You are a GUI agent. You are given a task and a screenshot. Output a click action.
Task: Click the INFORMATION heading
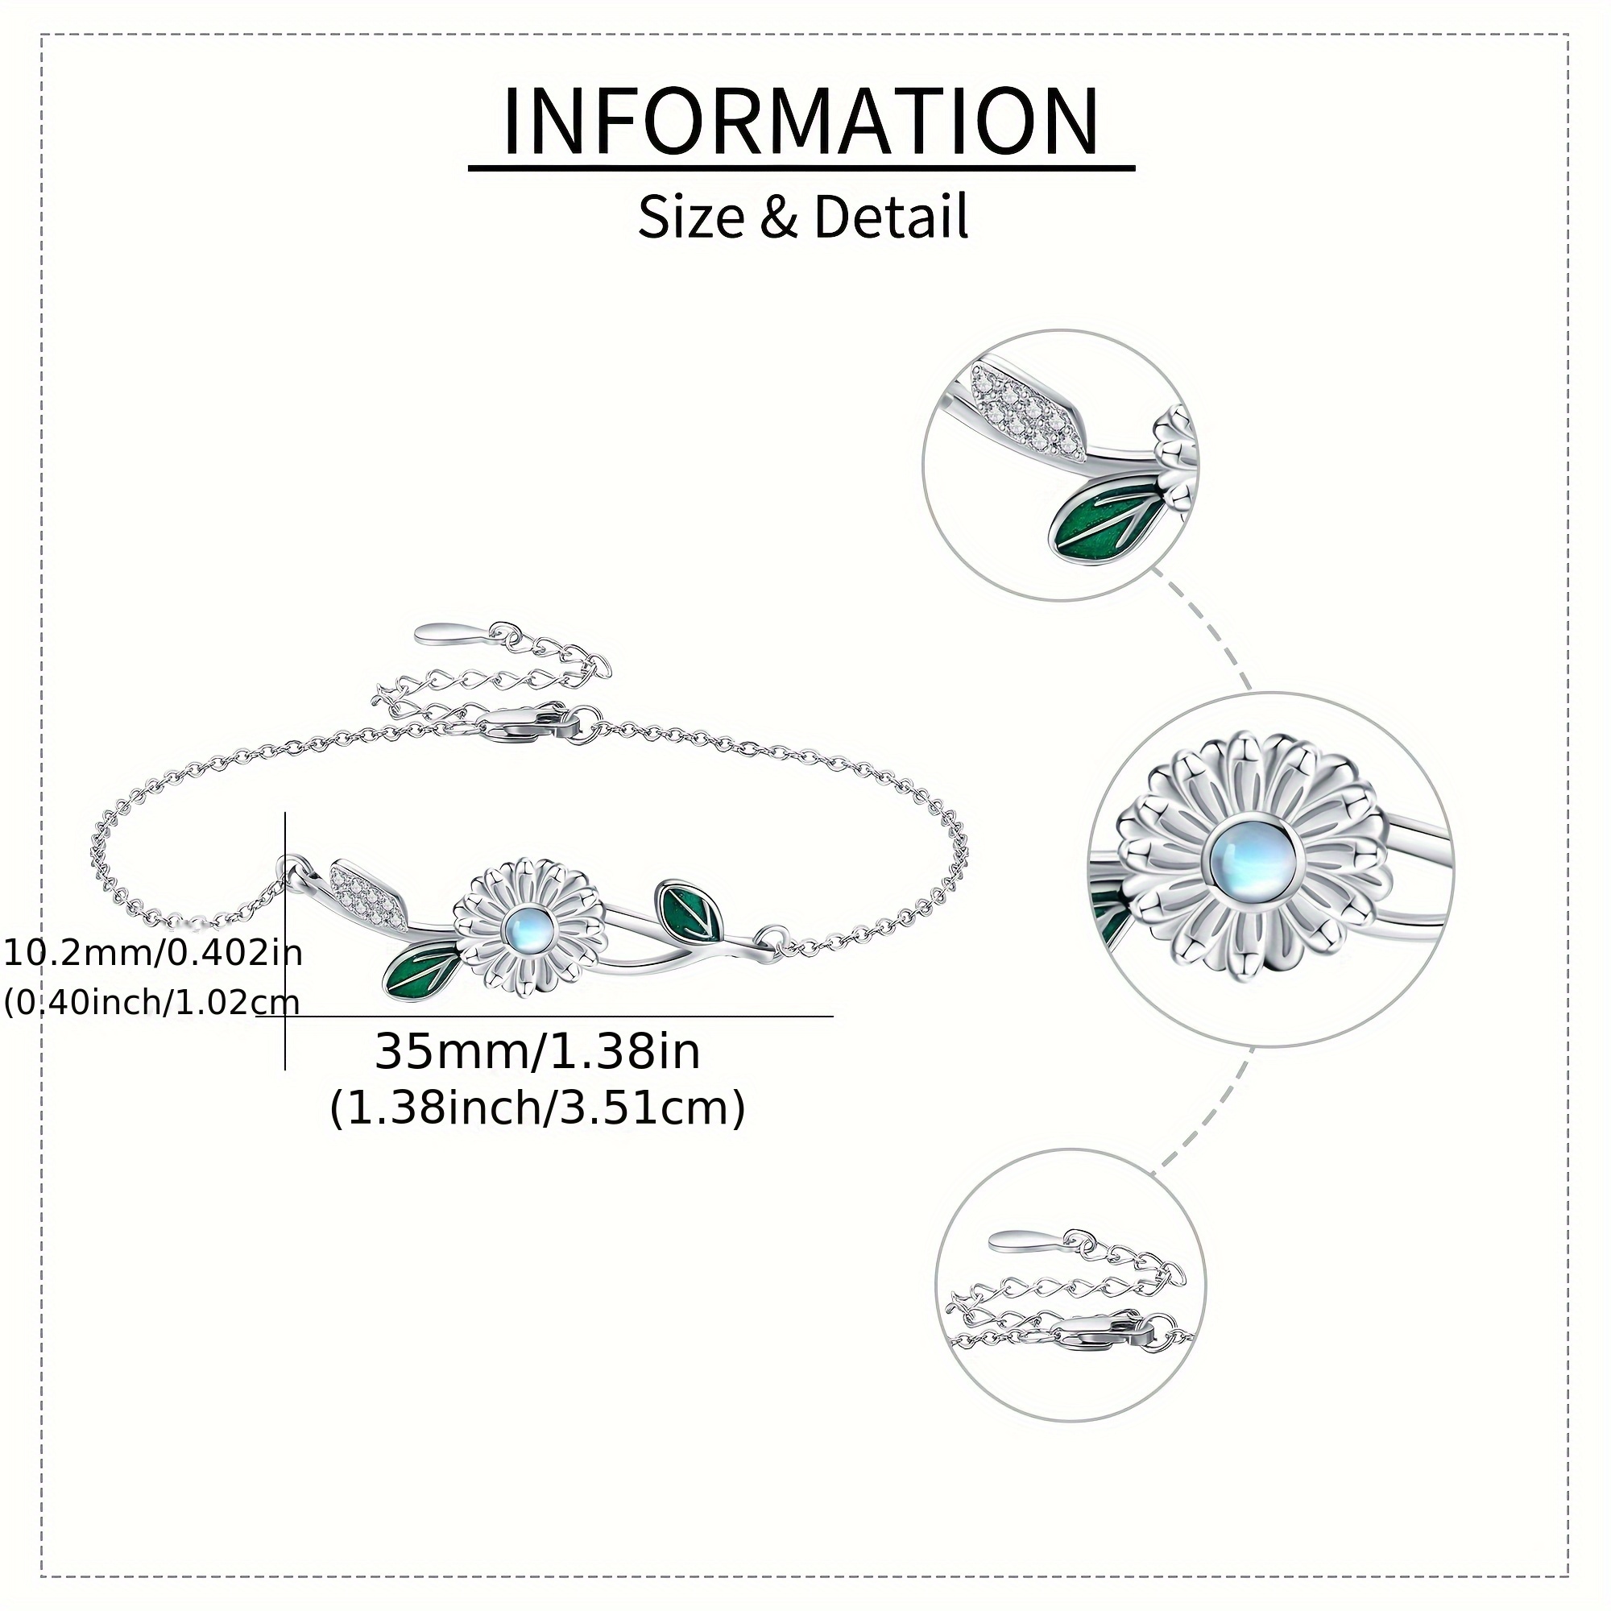point(801,122)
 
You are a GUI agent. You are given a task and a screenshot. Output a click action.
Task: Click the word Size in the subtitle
point(691,217)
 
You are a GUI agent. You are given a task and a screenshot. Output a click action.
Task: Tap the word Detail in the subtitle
point(892,217)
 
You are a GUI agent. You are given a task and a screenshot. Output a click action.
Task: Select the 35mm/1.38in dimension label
point(537,1051)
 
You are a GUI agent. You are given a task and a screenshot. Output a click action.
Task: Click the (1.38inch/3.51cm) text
point(537,1109)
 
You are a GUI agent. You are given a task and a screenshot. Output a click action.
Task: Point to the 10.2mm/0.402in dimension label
point(152,951)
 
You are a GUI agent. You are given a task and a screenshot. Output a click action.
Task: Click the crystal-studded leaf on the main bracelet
point(368,893)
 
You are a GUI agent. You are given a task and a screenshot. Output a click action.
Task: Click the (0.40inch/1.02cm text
point(151,1000)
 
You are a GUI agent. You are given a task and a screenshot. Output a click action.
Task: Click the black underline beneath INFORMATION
point(801,168)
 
